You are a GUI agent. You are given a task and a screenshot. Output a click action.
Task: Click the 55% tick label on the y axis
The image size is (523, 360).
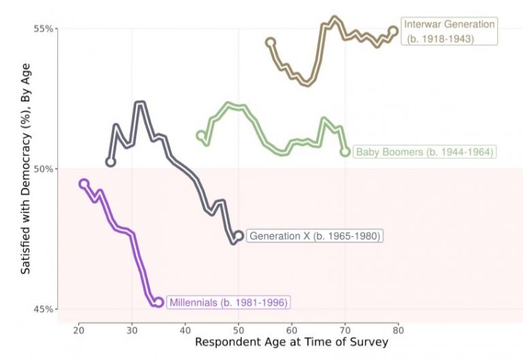(x=44, y=29)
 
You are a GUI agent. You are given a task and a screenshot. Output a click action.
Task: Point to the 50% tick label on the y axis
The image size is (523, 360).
(x=44, y=169)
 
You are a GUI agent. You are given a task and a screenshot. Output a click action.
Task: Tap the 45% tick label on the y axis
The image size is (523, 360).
(x=44, y=309)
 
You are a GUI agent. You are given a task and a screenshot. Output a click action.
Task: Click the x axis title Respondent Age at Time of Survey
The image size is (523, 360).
(x=291, y=342)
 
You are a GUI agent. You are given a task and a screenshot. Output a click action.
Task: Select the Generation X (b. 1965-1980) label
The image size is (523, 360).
(x=314, y=236)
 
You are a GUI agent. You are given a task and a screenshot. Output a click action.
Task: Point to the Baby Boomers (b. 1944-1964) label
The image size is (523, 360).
(x=424, y=152)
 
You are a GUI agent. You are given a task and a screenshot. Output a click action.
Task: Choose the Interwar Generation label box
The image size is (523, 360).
(x=449, y=31)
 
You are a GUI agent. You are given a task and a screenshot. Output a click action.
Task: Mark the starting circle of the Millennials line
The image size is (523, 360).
(x=84, y=184)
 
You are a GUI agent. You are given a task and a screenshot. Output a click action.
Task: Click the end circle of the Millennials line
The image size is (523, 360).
(x=159, y=302)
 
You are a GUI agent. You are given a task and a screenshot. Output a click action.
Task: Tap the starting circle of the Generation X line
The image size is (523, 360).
(x=110, y=162)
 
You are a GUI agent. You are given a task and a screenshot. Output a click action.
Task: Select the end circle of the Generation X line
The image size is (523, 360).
(x=238, y=235)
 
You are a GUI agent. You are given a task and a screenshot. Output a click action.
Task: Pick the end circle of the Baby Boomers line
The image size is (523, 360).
(x=345, y=152)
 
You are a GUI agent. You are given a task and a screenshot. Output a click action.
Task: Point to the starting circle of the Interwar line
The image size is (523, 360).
(x=270, y=42)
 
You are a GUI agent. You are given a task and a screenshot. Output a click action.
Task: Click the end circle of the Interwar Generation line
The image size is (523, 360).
(x=394, y=31)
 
